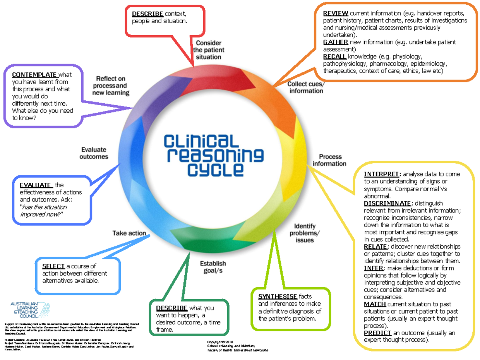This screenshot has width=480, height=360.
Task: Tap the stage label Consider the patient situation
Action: point(208,50)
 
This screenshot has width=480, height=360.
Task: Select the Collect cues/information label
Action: point(306,87)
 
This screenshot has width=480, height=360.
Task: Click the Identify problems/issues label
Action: point(305,233)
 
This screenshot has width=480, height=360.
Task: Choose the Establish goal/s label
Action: point(213,267)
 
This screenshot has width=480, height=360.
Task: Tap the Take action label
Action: point(129,233)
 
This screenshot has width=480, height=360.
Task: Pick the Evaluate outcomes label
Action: point(94,153)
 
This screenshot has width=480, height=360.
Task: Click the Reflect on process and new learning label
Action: point(111,86)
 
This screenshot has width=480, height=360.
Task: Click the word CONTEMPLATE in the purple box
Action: point(35,75)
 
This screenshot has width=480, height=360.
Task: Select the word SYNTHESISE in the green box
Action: point(277,296)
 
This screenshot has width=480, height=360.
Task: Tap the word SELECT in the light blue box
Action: point(53,266)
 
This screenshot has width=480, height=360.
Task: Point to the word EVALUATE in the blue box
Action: point(36,185)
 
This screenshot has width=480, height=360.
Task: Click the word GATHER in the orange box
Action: point(336,42)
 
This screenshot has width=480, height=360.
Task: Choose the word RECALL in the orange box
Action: point(335,56)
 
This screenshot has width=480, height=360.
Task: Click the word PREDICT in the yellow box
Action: point(378,333)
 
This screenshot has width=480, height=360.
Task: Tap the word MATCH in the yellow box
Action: point(375,304)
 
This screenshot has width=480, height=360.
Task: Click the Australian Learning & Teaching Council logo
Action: point(30,310)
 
